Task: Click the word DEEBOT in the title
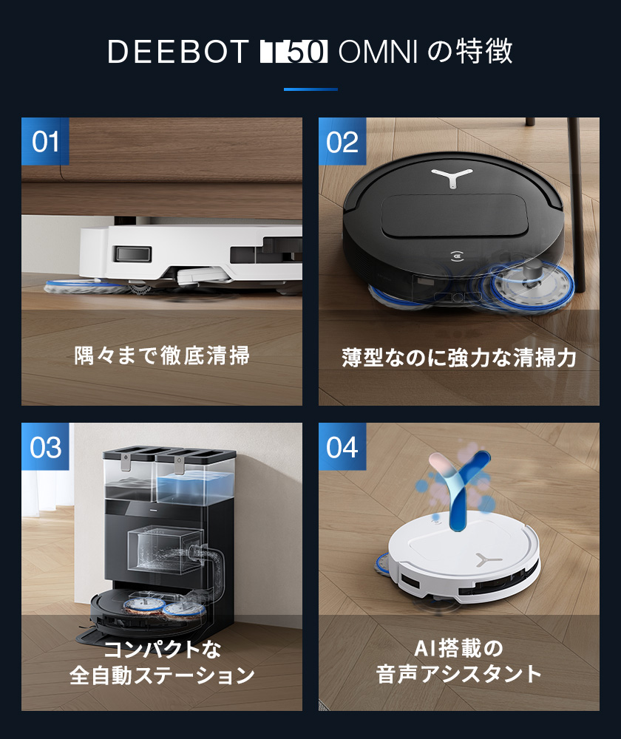click(x=177, y=52)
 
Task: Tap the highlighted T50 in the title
click(x=293, y=52)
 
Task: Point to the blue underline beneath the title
click(x=310, y=89)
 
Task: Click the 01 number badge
click(x=45, y=141)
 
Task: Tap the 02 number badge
click(x=342, y=141)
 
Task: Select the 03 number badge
click(x=45, y=447)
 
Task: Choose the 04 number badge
click(x=342, y=447)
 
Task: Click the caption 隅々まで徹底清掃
click(x=162, y=355)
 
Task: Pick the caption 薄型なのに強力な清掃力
click(x=458, y=358)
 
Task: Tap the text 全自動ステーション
click(x=162, y=675)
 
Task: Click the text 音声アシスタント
click(x=458, y=674)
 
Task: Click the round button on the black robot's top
click(x=458, y=259)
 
